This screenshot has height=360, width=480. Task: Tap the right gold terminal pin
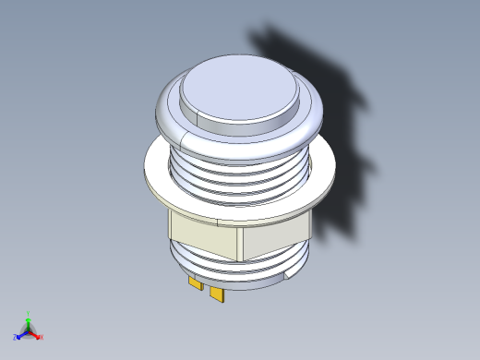pos(218,294)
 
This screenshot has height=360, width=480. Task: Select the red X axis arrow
pos(36,335)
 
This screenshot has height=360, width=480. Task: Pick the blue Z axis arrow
pos(20,336)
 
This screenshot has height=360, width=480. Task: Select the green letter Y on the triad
pos(29,313)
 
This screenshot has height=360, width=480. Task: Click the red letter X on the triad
pos(42,337)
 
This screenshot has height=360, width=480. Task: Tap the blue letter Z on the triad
pos(16,338)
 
